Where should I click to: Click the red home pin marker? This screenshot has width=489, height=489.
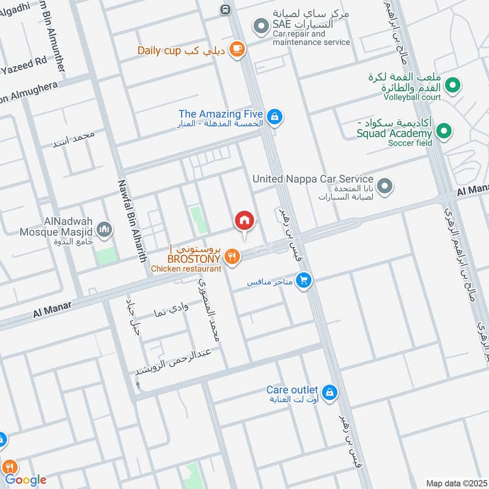click(244, 221)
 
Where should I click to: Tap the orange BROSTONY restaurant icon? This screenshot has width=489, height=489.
click(231, 257)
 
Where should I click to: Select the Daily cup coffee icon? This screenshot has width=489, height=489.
click(238, 50)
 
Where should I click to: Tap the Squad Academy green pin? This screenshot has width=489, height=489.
click(444, 131)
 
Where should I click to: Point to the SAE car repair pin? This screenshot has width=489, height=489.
click(261, 26)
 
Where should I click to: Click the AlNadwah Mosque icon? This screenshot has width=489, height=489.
click(105, 230)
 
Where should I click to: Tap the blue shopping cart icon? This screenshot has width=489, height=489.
click(303, 281)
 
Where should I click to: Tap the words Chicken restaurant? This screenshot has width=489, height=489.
click(186, 269)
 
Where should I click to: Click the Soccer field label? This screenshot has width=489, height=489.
click(409, 143)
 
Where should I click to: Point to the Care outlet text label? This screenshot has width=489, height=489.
click(292, 390)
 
